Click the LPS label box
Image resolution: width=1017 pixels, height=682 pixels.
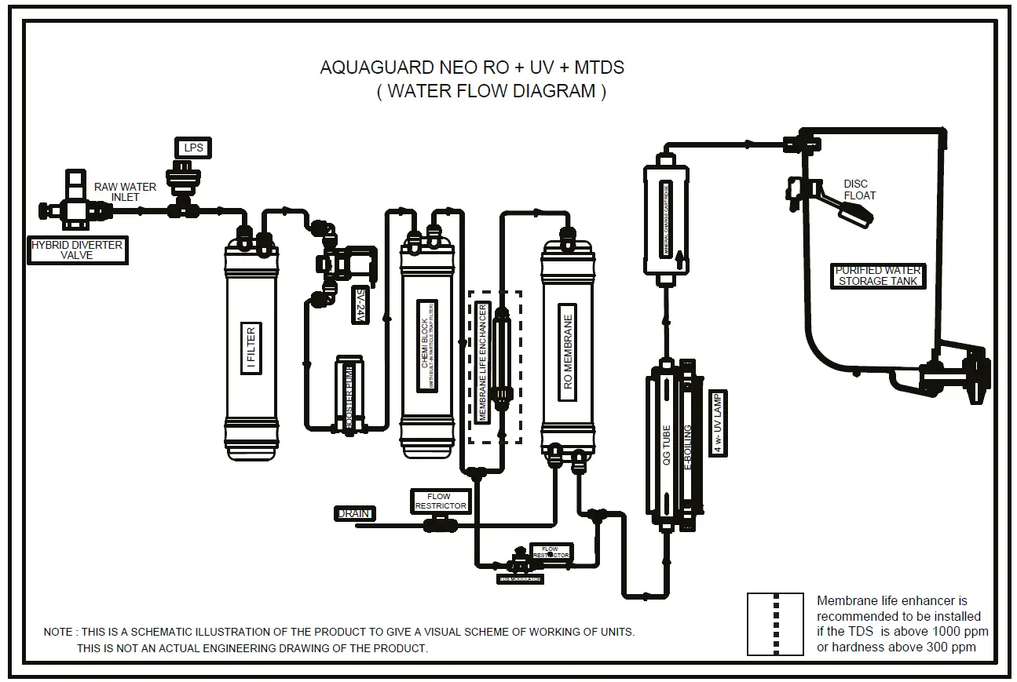192,148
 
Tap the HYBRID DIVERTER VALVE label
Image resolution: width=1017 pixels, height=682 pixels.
76,250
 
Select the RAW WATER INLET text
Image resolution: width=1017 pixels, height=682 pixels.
125,192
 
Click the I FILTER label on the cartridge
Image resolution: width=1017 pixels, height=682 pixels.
251,349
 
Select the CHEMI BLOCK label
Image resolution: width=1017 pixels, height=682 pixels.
427,345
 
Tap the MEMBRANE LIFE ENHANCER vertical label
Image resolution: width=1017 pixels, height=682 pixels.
482,363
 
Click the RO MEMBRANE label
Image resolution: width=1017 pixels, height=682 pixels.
568,352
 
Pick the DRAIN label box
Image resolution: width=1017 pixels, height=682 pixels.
354,513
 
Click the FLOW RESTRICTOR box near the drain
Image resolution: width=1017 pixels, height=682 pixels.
440,501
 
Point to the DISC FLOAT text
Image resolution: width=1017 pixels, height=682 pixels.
859,190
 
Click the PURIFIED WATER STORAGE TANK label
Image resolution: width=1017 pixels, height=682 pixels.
878,275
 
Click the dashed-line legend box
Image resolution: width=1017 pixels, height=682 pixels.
775,624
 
